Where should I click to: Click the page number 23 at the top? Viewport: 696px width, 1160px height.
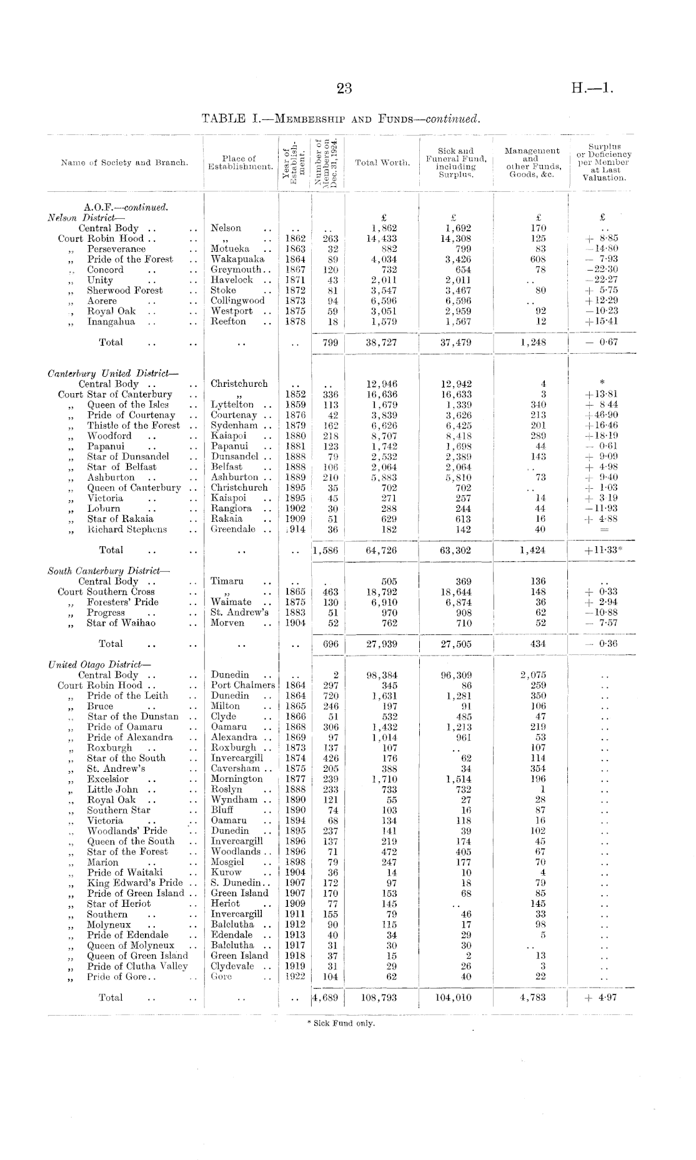[344, 89]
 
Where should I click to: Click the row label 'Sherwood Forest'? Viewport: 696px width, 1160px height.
[125, 291]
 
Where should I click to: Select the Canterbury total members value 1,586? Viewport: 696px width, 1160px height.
[326, 551]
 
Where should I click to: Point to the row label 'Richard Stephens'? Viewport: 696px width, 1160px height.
[127, 529]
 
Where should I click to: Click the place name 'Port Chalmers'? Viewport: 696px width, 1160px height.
[242, 686]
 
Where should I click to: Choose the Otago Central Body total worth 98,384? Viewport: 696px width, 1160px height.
[382, 675]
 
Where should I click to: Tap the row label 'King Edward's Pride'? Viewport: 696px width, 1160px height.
[135, 883]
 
